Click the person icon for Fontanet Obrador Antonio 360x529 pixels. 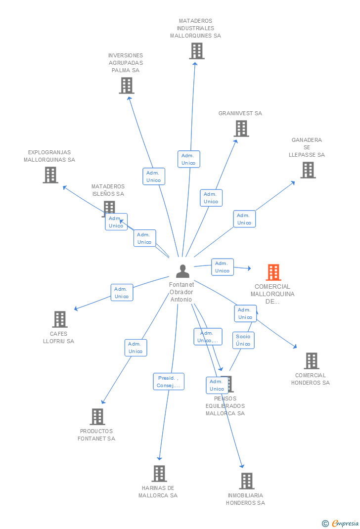coord(182,271)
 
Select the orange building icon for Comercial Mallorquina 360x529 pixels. coord(273,272)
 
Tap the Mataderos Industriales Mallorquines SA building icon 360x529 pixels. coord(196,51)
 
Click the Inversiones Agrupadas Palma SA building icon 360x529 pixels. coord(127,86)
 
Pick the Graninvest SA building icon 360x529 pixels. coord(241,129)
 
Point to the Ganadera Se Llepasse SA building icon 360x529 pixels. coord(308,170)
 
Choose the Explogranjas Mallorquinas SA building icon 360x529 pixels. coord(50,175)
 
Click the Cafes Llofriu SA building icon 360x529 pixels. coord(59,319)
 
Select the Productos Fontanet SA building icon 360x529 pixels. coord(97,417)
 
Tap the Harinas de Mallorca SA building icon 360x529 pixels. coord(159,474)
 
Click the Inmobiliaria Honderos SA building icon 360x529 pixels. coord(246,481)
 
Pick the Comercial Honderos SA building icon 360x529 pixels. coord(311,361)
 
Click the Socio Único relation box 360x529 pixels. coord(243,340)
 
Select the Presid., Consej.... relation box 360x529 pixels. coord(168,382)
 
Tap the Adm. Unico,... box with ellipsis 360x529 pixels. coord(208,337)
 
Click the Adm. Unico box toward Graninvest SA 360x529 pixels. coord(211,198)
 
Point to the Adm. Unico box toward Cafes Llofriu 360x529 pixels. coord(122,293)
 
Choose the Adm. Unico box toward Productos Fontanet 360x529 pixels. coord(135,348)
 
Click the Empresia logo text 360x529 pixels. coord(345,523)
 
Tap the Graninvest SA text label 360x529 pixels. coord(240,113)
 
